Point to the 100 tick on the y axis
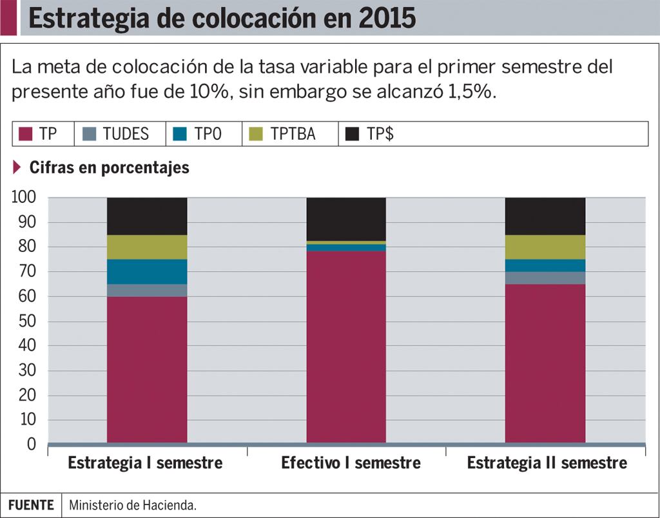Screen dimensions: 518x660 click(x=24, y=197)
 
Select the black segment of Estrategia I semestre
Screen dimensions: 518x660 click(x=147, y=216)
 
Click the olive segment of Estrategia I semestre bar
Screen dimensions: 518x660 click(x=147, y=247)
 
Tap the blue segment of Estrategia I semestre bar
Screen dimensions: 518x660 click(x=147, y=271)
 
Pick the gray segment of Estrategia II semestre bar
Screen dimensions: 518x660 click(x=545, y=278)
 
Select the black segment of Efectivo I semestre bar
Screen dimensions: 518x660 click(x=346, y=219)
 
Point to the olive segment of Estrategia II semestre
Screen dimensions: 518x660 click(x=545, y=247)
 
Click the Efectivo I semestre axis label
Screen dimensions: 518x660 click(x=351, y=463)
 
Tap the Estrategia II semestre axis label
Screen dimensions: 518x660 click(x=547, y=463)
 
